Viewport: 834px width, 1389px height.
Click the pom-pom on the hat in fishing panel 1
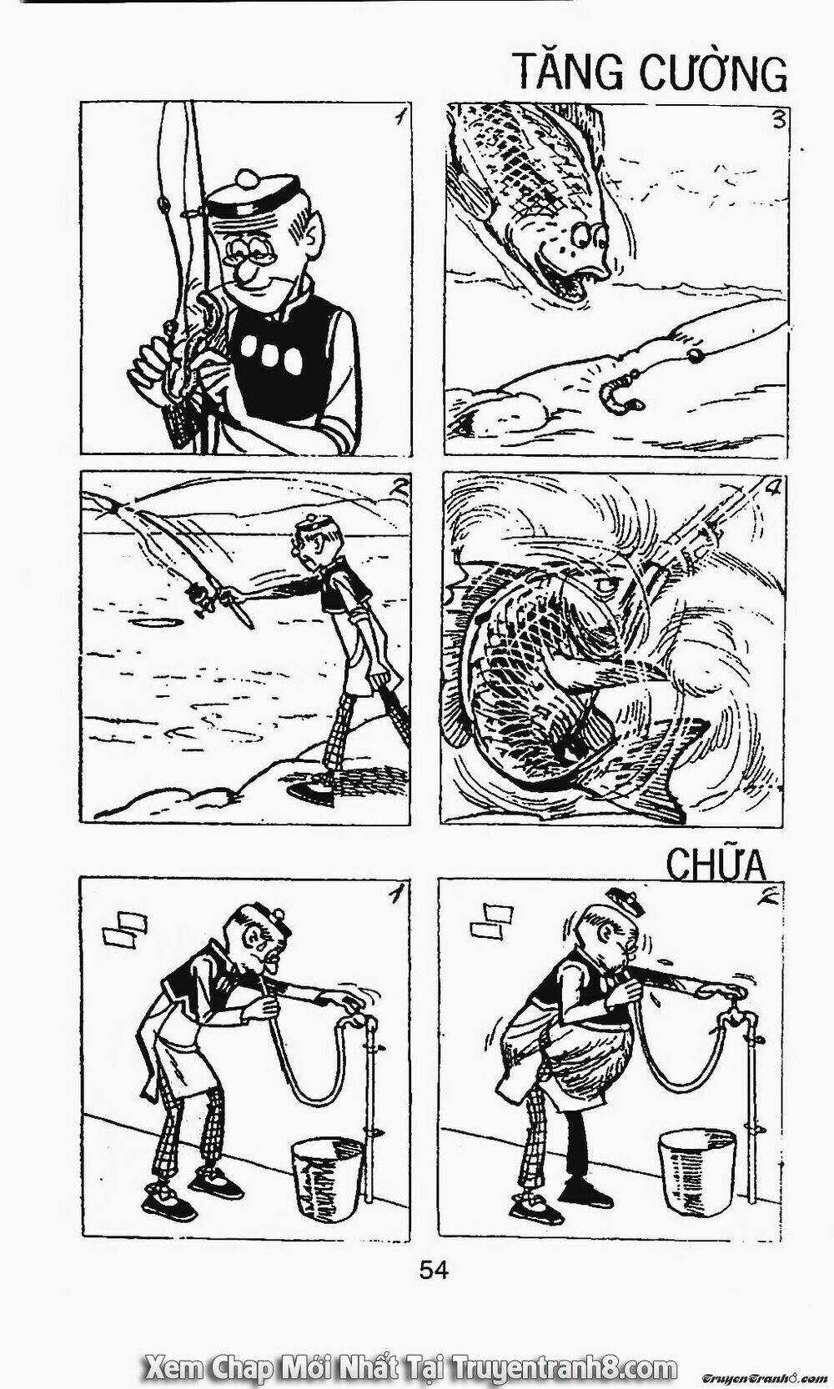coord(249,179)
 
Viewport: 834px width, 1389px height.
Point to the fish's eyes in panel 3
coord(591,236)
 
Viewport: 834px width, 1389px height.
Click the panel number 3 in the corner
coord(777,120)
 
